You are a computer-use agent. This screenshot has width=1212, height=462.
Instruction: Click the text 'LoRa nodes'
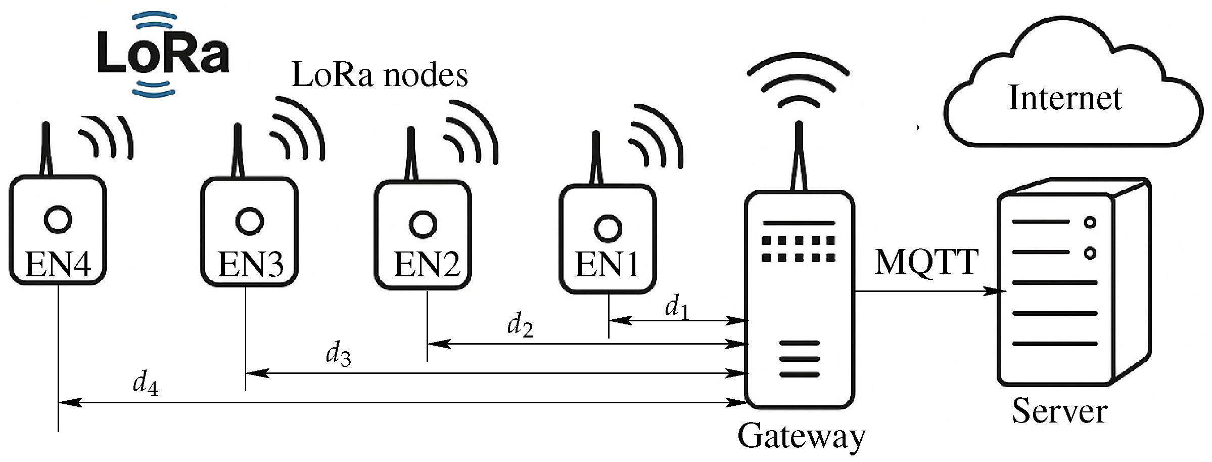point(380,76)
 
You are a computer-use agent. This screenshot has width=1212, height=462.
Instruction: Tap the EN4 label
point(58,265)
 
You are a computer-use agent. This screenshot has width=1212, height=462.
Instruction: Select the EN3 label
point(250,265)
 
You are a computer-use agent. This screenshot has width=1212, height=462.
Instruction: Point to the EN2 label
point(426,265)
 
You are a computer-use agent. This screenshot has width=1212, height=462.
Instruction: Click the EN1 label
point(607,265)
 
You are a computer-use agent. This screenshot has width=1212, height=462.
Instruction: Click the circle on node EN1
point(608,228)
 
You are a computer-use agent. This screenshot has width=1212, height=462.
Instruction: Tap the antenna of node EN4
point(46,149)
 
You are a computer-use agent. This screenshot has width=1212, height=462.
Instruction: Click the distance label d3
point(338,354)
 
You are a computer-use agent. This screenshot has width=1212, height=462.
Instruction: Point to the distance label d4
point(146,383)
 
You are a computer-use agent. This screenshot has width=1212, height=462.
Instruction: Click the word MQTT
point(926,263)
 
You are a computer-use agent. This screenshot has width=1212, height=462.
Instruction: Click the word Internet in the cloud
point(1065,98)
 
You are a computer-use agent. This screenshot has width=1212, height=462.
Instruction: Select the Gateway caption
point(801,436)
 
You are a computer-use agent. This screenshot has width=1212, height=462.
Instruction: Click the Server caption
point(1059,411)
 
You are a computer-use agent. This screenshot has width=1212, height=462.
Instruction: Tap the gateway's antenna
point(799,157)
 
